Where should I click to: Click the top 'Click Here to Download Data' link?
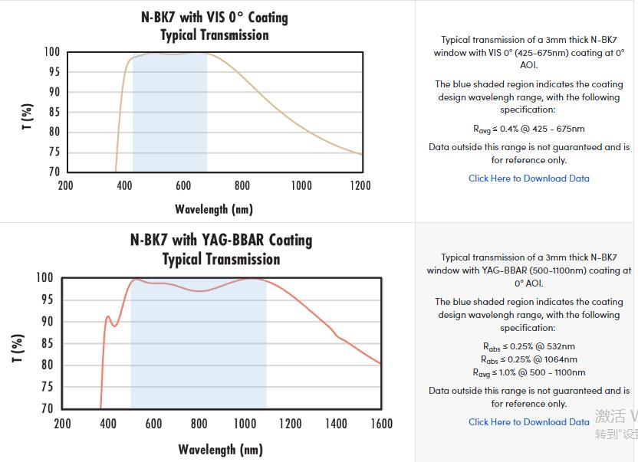tap(529, 179)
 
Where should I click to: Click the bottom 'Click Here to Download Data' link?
tap(529, 422)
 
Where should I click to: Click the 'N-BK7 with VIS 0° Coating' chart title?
tap(215, 17)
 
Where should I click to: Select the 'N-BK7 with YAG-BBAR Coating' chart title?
tap(222, 240)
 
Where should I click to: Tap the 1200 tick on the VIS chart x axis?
tap(360, 185)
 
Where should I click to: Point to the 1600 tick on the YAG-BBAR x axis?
tap(381, 424)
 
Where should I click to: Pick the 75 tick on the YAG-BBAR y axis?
tap(46, 387)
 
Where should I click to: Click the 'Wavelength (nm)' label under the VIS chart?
tap(214, 209)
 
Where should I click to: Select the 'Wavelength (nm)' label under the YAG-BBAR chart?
tap(221, 450)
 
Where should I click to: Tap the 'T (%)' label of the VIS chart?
tap(28, 116)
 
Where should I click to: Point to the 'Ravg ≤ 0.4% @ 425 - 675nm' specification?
tap(529, 129)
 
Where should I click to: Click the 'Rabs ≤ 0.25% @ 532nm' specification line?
tap(529, 347)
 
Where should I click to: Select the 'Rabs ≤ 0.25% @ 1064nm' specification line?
tap(529, 359)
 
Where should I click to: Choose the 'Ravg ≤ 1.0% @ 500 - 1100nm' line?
tap(529, 372)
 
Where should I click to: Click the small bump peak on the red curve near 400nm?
tap(108, 316)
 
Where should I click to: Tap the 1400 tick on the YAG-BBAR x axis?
tap(335, 424)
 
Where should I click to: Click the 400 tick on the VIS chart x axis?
tap(124, 185)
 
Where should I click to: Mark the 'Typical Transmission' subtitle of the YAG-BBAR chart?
tap(221, 259)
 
